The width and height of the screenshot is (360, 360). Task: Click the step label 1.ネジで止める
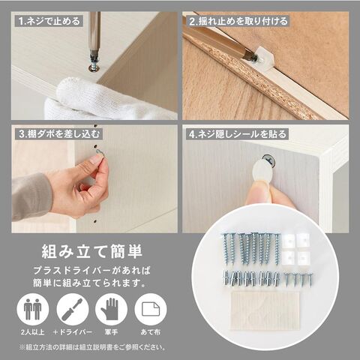click(49, 21)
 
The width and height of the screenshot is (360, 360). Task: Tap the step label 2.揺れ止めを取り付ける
click(238, 21)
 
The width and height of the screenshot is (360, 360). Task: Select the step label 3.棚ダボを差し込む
click(59, 134)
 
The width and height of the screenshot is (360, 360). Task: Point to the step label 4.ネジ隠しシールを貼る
click(238, 134)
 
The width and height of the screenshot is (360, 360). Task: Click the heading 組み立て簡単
click(92, 251)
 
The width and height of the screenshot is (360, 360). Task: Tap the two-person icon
click(33, 309)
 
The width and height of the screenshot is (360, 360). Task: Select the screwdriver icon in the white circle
click(73, 309)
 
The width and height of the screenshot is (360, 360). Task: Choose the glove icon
click(111, 309)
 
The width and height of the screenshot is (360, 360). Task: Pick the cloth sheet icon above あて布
click(151, 309)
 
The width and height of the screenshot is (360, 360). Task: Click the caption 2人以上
click(33, 332)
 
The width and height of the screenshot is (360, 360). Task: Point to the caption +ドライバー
click(73, 332)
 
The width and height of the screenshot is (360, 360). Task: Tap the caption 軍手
click(111, 332)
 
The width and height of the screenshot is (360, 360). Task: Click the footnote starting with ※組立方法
click(92, 347)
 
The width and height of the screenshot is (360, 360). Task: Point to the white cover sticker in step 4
click(260, 171)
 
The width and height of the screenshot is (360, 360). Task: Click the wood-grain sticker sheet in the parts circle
click(265, 310)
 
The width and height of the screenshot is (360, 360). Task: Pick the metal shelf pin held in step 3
click(100, 152)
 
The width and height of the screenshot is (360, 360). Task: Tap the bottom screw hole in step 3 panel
click(95, 221)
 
